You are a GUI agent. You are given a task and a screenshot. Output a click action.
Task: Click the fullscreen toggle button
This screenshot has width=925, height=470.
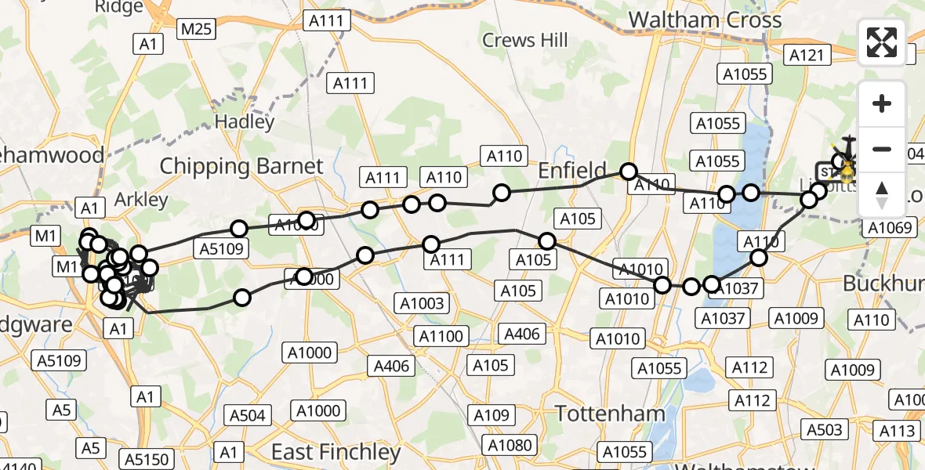[x=882, y=42]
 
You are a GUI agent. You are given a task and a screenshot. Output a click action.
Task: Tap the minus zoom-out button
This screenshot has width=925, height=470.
[x=882, y=149]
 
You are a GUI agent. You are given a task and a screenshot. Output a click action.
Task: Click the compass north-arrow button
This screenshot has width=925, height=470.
[x=882, y=195]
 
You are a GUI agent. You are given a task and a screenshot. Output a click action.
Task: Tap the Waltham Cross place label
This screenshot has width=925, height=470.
[x=705, y=20]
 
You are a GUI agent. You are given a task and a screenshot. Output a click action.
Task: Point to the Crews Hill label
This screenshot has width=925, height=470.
[x=524, y=40]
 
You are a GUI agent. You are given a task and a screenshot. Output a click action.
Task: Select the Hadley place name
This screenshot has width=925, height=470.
[x=245, y=121]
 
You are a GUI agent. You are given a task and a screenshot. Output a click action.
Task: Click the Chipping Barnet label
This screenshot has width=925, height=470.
[x=241, y=166]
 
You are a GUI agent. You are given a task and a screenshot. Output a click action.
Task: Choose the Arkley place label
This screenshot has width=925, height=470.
[x=141, y=199]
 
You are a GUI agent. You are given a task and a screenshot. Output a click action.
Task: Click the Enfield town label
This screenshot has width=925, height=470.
[x=571, y=170]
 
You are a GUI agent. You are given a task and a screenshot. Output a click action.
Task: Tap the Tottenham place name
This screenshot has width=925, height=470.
[x=610, y=413]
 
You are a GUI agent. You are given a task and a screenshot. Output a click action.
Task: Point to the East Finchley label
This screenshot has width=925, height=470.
[x=336, y=451]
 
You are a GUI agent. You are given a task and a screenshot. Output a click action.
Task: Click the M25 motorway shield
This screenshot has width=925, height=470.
[x=196, y=30]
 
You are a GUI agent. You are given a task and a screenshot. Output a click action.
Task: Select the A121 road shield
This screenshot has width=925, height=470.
[x=806, y=55]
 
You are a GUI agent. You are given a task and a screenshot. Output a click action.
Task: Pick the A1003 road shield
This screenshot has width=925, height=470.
[x=422, y=304]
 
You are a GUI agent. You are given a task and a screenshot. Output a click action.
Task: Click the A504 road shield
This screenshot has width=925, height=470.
[x=248, y=415]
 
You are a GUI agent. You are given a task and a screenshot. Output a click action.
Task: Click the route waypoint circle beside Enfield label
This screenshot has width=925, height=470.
[x=629, y=172]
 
